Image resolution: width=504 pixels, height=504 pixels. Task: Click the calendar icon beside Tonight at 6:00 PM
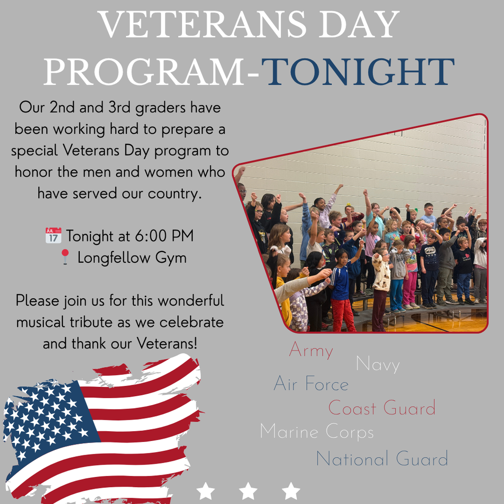pyautogui.click(x=53, y=236)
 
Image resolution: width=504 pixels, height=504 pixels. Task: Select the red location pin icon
pyautogui.click(x=65, y=257)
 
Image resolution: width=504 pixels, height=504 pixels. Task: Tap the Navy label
pyautogui.click(x=378, y=365)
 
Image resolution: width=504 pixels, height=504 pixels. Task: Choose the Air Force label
pyautogui.click(x=311, y=384)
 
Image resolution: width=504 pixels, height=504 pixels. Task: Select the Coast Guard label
pyautogui.click(x=382, y=408)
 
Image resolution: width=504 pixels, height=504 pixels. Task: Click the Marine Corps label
pyautogui.click(x=316, y=432)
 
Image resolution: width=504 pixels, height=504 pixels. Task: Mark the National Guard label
pyautogui.click(x=382, y=459)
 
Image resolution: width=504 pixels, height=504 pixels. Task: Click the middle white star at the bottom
pyautogui.click(x=248, y=491)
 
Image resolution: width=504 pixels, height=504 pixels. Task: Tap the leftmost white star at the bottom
pyautogui.click(x=205, y=491)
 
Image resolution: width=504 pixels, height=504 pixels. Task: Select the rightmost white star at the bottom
pyautogui.click(x=291, y=491)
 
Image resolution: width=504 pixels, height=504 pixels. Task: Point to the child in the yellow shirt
pyautogui.click(x=283, y=290)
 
